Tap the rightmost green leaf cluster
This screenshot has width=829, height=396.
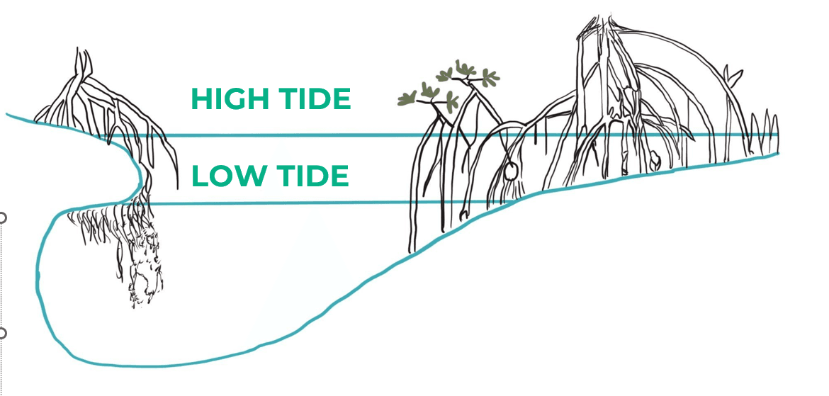(488, 77)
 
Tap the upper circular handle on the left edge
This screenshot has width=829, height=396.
(2, 217)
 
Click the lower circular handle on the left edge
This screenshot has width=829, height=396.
(2, 333)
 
